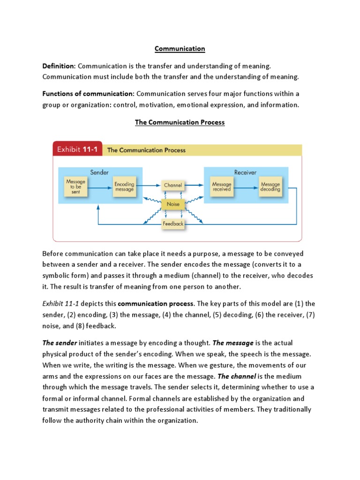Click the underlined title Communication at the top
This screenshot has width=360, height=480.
coord(180,49)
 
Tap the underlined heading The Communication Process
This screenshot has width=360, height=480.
coord(180,122)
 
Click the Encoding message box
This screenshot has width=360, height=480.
coord(124,186)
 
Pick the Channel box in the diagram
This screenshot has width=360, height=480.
coord(173,185)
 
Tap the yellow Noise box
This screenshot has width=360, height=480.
coord(173,204)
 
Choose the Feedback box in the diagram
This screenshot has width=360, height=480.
coord(173,224)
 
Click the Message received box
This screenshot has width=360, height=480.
coord(222,186)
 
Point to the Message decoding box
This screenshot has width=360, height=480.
coord(270,186)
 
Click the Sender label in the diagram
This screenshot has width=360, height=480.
coord(99,172)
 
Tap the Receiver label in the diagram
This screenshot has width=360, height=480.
coord(246,172)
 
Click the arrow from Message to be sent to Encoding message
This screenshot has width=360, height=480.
coord(99,186)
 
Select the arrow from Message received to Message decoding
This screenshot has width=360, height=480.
coord(246,186)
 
